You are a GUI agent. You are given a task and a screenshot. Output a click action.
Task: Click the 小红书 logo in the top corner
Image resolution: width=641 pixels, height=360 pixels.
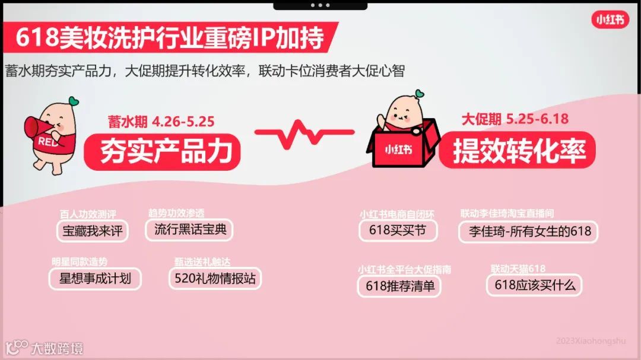point(610,20)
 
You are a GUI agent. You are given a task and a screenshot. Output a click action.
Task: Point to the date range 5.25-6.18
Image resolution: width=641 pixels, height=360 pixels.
point(538,119)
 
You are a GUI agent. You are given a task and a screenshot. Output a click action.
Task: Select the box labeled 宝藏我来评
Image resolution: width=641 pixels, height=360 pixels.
point(93,231)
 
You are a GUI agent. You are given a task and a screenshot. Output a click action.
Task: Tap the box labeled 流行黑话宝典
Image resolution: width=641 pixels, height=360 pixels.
point(190,230)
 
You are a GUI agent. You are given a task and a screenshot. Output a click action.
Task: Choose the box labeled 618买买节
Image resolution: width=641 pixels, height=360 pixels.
point(398,230)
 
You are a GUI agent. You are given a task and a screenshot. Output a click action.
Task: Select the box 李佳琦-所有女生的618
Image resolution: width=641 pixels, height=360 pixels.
point(528,231)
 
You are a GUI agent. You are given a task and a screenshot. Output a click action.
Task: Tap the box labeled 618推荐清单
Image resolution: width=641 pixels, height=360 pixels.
point(399,286)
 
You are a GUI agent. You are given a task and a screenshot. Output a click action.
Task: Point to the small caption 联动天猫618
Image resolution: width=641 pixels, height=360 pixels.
point(518,269)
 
